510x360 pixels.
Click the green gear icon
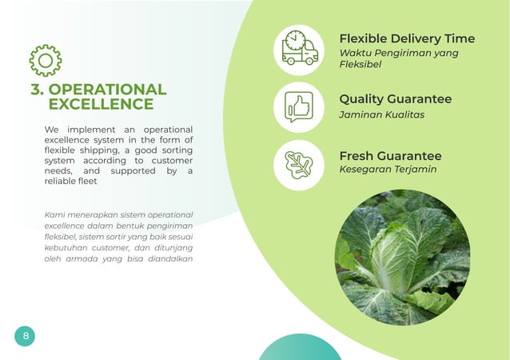[x=45, y=61]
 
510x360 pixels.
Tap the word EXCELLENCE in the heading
[x=101, y=105]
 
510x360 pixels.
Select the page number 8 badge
[x=25, y=336]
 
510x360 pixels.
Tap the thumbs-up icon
[x=299, y=106]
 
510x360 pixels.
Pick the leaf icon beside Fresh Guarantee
[x=299, y=164]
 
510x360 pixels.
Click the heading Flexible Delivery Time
[x=406, y=38]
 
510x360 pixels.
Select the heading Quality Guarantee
[x=395, y=99]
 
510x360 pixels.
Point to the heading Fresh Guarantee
[x=390, y=155]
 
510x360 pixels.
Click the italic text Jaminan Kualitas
[x=381, y=114]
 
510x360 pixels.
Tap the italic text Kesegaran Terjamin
[x=388, y=170]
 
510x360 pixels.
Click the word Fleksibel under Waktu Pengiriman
[x=360, y=65]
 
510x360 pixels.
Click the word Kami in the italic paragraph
[x=55, y=214]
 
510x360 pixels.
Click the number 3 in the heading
[x=37, y=90]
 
